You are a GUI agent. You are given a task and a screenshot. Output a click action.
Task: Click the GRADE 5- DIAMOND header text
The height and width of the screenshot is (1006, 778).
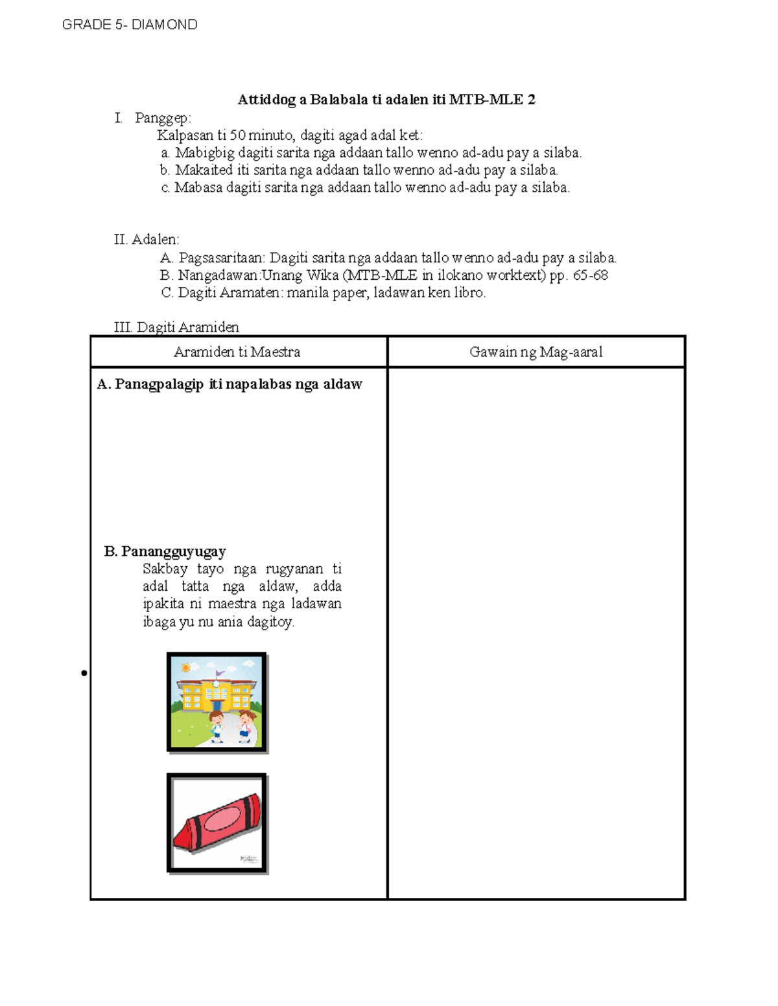pyautogui.click(x=130, y=25)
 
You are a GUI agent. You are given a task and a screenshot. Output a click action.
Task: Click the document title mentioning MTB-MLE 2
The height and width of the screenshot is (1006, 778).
pyautogui.click(x=386, y=99)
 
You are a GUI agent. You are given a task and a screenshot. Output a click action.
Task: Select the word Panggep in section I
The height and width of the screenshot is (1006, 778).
pyautogui.click(x=162, y=118)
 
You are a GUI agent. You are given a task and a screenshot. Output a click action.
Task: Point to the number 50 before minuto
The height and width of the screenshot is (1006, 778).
pyautogui.click(x=238, y=135)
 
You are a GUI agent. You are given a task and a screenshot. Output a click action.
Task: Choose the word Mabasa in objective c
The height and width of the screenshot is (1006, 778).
pyautogui.click(x=198, y=188)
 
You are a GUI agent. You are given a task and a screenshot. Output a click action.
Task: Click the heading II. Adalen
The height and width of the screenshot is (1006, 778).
pyautogui.click(x=147, y=240)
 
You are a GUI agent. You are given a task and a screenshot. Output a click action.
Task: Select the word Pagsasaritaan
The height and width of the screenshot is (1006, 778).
pyautogui.click(x=222, y=258)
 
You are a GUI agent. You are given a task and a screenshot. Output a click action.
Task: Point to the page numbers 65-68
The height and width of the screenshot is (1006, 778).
pyautogui.click(x=590, y=275)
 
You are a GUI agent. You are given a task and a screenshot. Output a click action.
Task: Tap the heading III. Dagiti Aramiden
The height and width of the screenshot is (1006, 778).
pyautogui.click(x=176, y=327)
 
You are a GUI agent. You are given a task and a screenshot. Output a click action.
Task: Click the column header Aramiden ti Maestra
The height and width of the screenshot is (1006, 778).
pyautogui.click(x=237, y=352)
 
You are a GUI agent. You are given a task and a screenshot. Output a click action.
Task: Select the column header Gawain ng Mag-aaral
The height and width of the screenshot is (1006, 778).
pyautogui.click(x=536, y=352)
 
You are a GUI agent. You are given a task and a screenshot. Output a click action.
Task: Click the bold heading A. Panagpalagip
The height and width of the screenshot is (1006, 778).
pyautogui.click(x=229, y=384)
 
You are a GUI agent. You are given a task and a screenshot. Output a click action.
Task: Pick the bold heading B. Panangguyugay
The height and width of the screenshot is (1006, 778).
pyautogui.click(x=165, y=551)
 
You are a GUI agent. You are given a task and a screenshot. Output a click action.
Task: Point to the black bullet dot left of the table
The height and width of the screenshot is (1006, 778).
pyautogui.click(x=84, y=674)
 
